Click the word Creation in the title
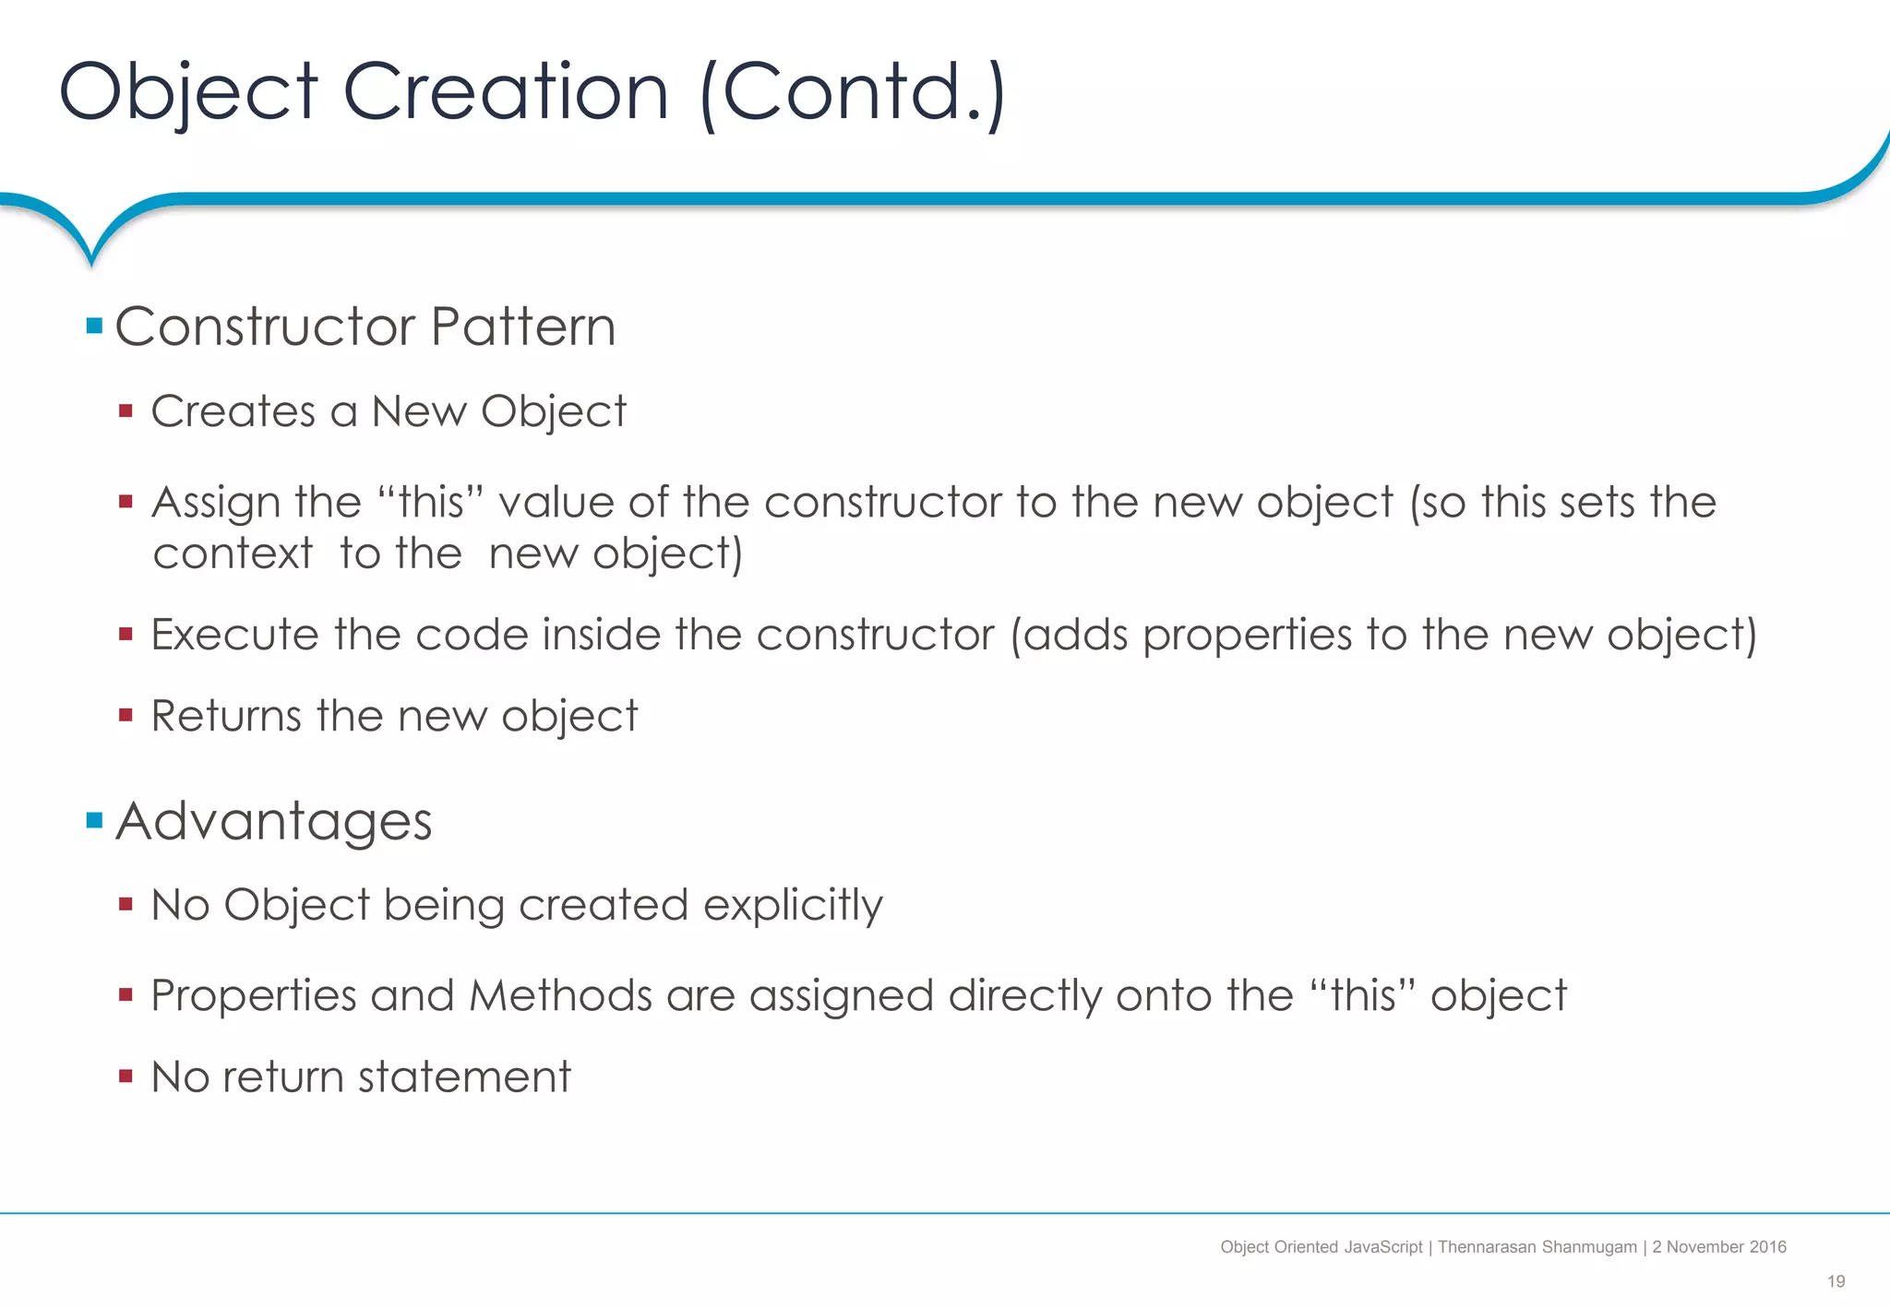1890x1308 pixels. coord(505,92)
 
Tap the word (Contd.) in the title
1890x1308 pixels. coord(852,92)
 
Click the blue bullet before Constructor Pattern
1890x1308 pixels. coord(94,326)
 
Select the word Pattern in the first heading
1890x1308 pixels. coord(522,327)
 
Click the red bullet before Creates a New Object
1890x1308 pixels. coord(126,410)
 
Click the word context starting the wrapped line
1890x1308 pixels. coord(233,554)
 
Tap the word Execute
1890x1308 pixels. coord(234,635)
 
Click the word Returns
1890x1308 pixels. coord(226,716)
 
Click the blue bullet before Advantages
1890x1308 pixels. coord(94,820)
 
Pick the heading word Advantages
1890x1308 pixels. coord(273,821)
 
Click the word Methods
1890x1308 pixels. coord(560,996)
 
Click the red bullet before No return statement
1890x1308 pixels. coord(126,1076)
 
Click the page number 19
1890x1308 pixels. coord(1836,1281)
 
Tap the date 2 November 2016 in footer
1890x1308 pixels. coord(1719,1247)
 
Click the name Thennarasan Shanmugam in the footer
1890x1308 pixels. coord(1537,1247)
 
